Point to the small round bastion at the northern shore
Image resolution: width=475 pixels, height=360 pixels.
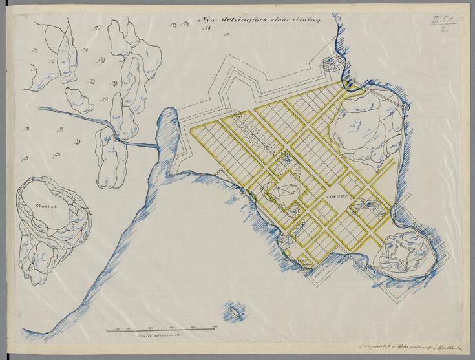pos(332,63)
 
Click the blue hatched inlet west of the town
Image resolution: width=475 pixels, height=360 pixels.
pos(166,126)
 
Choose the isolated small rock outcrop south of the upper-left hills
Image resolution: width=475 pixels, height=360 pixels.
pos(79,100)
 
